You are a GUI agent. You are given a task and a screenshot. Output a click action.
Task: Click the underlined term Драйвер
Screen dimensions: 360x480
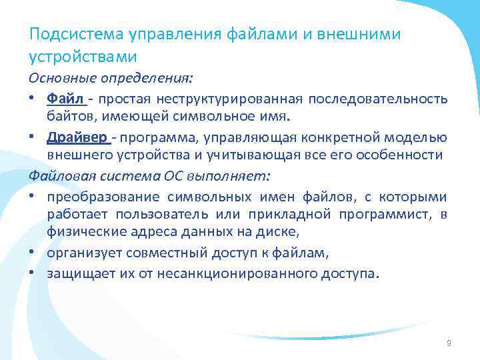click(77, 137)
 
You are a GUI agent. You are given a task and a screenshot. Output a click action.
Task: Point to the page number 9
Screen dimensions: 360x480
click(448, 343)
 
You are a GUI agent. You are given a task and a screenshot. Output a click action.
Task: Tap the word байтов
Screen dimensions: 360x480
click(67, 118)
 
